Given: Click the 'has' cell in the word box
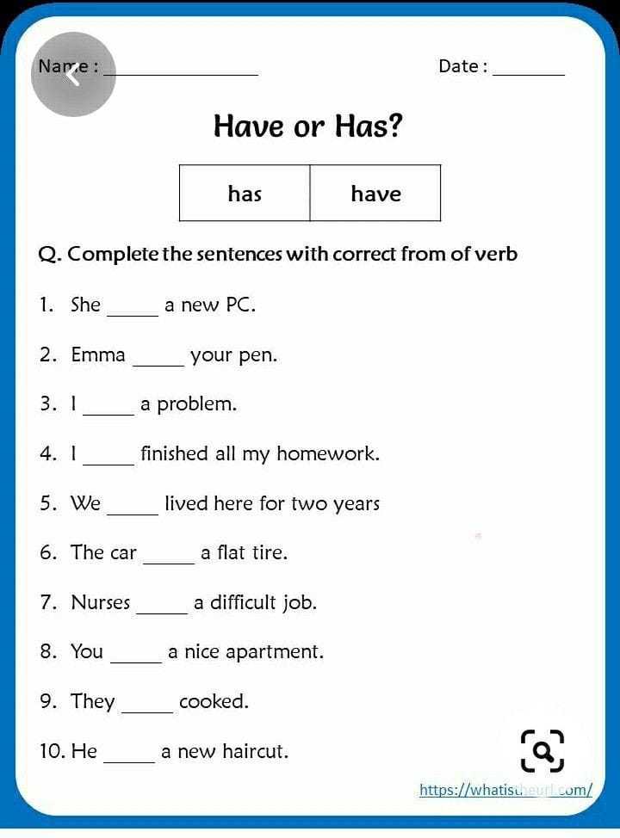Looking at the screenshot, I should click(245, 194).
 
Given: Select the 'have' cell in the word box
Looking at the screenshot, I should click(375, 194).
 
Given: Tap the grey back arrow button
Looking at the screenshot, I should click(73, 75).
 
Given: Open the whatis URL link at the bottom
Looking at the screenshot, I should click(505, 790).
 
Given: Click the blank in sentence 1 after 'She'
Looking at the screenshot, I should click(133, 311).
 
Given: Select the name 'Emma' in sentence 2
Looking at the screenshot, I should click(98, 354).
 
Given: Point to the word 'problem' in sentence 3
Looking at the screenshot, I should click(195, 404).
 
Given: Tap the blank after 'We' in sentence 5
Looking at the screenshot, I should click(133, 510).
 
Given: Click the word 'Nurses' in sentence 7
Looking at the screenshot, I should click(101, 602).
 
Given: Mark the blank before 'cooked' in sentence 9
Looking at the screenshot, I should click(147, 709).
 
